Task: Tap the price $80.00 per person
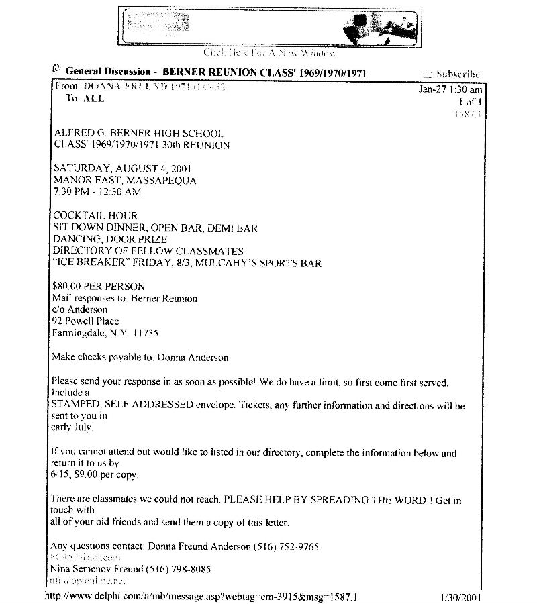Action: point(98,287)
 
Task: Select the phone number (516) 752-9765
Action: point(285,546)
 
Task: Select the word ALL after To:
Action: point(93,98)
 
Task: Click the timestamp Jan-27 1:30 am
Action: point(450,89)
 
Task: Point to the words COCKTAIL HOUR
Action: point(95,216)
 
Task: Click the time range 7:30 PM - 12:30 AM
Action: point(97,192)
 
